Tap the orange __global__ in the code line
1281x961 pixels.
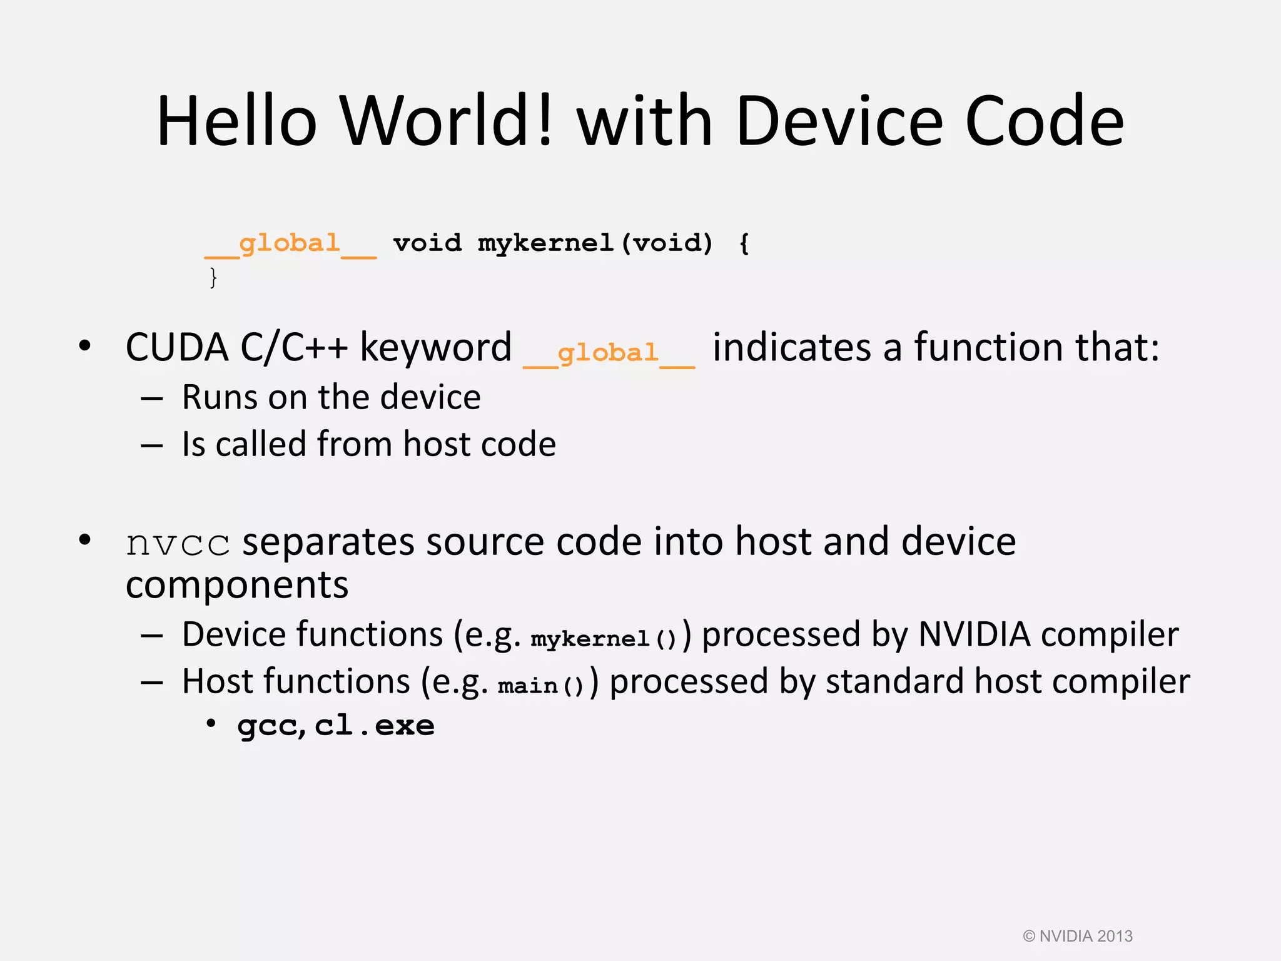[290, 244]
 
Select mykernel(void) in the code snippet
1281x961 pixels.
[595, 243]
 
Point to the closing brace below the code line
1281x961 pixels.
[213, 277]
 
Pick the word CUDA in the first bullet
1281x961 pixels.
[177, 347]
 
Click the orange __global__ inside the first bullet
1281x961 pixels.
[609, 353]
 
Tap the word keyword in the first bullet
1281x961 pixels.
[435, 347]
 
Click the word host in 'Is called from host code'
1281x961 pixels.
[432, 444]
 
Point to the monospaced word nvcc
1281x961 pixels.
[178, 543]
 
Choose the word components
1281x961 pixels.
[237, 586]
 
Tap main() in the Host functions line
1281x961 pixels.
[541, 686]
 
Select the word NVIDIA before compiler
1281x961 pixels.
[974, 634]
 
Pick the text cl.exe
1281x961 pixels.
[374, 726]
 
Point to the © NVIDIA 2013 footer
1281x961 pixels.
[1077, 936]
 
